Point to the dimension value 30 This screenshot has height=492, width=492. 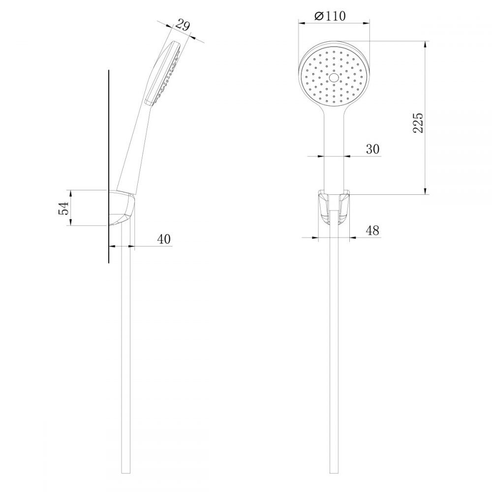373,150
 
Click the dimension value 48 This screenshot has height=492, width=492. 373,230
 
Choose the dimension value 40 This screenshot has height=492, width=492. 164,239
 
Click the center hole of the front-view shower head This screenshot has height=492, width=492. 335,78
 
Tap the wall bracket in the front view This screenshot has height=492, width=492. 334,206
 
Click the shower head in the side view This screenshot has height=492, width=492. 165,71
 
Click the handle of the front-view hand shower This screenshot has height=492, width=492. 334,148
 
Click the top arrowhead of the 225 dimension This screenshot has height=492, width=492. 426,42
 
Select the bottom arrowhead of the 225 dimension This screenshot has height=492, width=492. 426,192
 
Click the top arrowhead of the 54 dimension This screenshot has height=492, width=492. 71,192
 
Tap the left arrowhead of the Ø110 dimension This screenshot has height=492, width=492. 301,22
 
